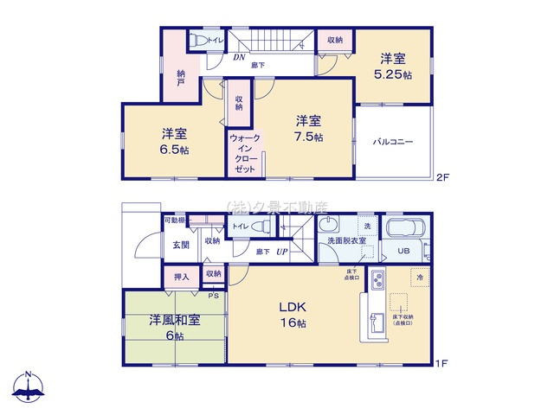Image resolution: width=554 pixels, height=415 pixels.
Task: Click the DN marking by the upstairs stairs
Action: coord(239,58)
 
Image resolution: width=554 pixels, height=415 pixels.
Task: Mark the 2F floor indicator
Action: coord(442,177)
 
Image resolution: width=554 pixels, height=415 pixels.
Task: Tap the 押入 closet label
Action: coord(182,276)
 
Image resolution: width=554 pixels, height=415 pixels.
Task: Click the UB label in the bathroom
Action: coord(403,251)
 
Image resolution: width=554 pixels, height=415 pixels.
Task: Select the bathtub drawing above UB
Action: coord(404,229)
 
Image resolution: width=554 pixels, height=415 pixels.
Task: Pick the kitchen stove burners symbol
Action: coord(378,280)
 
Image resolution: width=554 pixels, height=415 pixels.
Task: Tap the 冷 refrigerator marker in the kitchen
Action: coord(420,278)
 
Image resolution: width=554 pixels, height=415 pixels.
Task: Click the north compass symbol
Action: coord(29,388)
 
